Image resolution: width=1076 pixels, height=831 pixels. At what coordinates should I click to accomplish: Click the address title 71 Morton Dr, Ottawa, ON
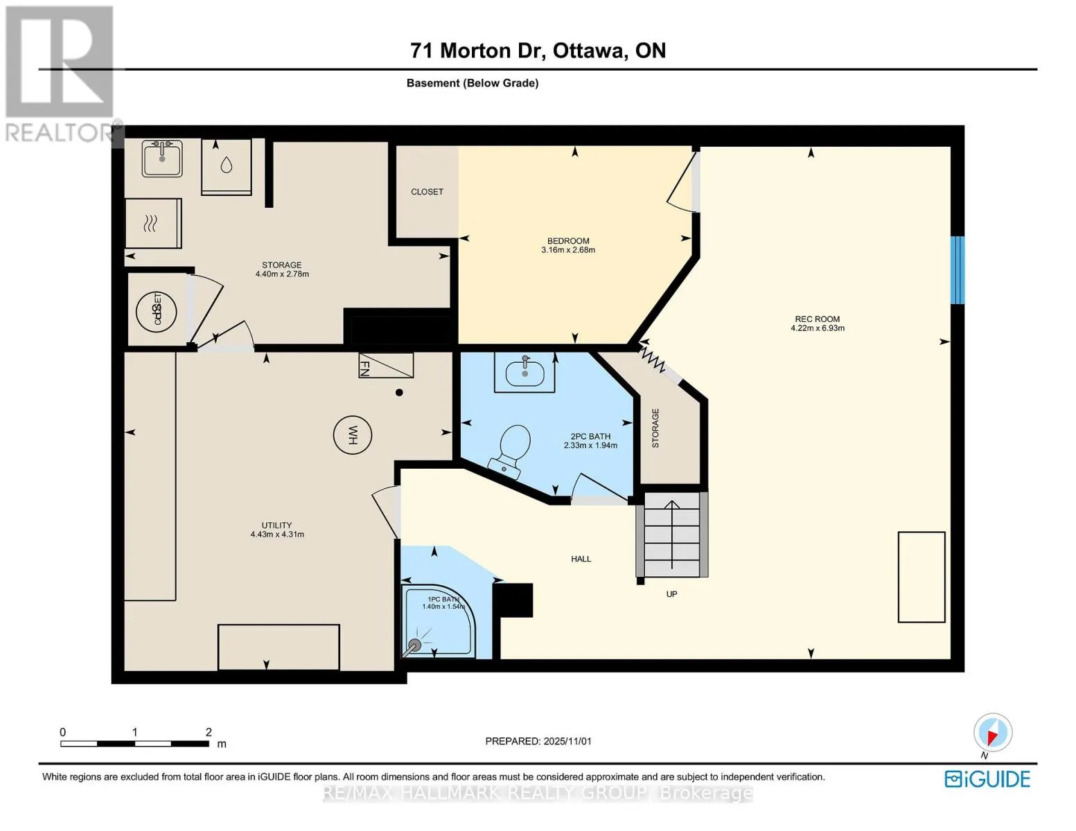click(538, 51)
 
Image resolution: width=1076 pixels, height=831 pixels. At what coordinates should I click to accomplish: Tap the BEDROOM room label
click(568, 241)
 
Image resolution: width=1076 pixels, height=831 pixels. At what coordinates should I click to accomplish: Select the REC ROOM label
click(817, 319)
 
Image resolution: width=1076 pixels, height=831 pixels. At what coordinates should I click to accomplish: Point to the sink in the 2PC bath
click(524, 373)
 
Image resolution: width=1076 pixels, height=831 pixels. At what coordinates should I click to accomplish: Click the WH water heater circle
click(352, 436)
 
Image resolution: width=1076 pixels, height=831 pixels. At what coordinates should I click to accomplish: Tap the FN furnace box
click(385, 365)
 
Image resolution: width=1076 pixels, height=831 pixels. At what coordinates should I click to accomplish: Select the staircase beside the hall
click(672, 534)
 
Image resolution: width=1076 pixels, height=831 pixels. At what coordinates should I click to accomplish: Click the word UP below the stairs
click(671, 594)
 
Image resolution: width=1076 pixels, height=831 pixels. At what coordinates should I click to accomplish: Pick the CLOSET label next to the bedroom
click(427, 192)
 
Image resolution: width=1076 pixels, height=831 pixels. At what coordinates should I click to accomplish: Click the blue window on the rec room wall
click(957, 270)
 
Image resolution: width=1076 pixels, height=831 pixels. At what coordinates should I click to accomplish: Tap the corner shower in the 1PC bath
click(438, 623)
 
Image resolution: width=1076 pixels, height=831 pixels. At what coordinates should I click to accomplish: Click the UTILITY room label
click(276, 525)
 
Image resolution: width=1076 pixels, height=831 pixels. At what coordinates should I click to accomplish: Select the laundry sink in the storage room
click(163, 159)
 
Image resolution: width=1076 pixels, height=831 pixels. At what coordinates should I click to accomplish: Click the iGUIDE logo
click(987, 779)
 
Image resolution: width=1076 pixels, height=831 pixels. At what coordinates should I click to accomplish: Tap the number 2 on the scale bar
click(209, 732)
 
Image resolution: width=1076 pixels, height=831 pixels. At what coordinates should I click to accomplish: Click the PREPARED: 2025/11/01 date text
click(538, 741)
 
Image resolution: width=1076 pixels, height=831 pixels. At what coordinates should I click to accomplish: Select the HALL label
click(581, 559)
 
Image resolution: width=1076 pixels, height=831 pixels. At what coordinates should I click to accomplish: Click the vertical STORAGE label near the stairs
click(655, 428)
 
